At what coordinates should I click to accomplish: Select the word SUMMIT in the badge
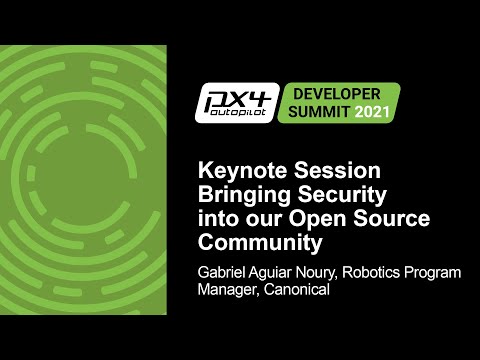point(315,110)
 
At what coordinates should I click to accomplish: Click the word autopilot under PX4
point(238,115)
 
